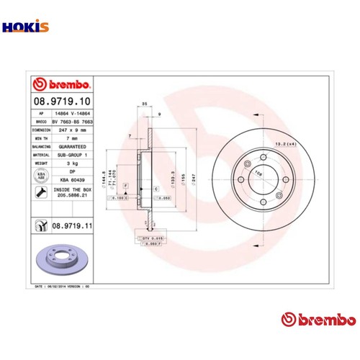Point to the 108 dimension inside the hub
[x=258, y=173]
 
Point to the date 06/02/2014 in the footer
[x=59, y=285]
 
